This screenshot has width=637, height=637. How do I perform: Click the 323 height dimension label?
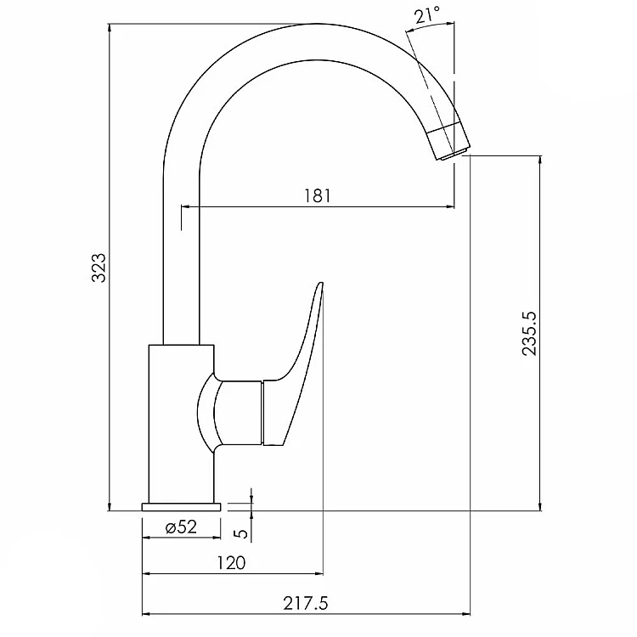99,268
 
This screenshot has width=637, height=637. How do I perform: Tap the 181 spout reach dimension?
318,196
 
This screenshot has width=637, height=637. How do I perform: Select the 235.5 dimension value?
529,334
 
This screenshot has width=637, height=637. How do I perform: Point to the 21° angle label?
427,15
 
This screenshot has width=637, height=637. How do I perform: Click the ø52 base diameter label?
182,527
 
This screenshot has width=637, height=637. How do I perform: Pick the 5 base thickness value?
242,533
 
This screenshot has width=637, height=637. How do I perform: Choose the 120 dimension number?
231,562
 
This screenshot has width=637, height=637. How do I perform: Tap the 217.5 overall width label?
306,603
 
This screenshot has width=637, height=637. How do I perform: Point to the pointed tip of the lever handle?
321,282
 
